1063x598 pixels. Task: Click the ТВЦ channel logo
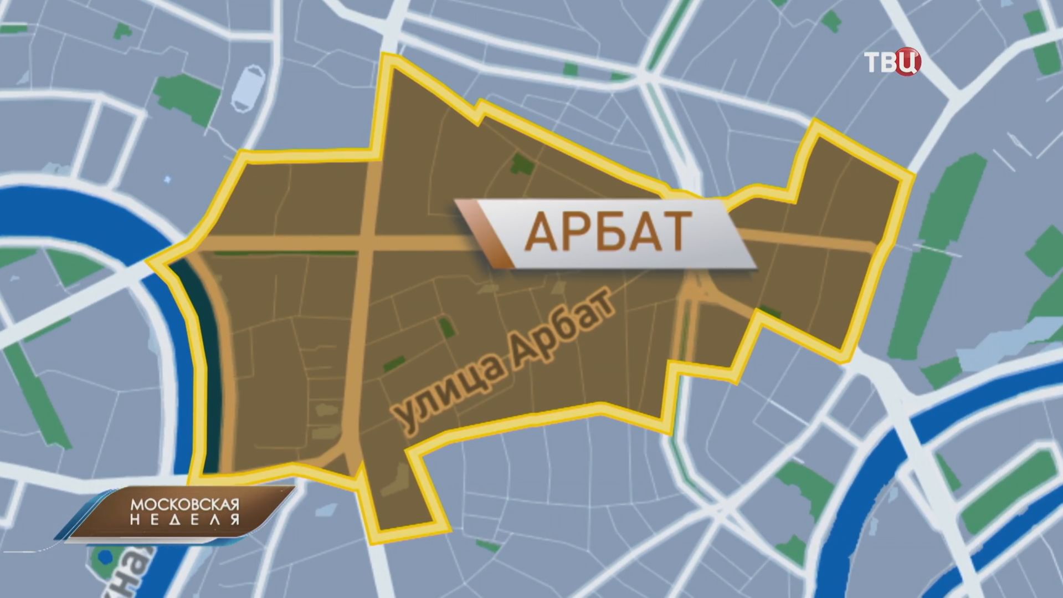[x=892, y=62]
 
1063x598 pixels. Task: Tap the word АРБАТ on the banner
[x=608, y=232]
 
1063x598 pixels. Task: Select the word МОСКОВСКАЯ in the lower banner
[x=184, y=505]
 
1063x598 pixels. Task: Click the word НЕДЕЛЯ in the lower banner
[x=184, y=520]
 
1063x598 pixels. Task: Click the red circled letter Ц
[x=908, y=63]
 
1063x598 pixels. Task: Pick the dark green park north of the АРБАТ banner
[x=521, y=164]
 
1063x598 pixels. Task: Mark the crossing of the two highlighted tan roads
[x=367, y=244]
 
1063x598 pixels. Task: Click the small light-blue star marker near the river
[x=168, y=180]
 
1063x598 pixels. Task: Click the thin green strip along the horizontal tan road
[x=285, y=254]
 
